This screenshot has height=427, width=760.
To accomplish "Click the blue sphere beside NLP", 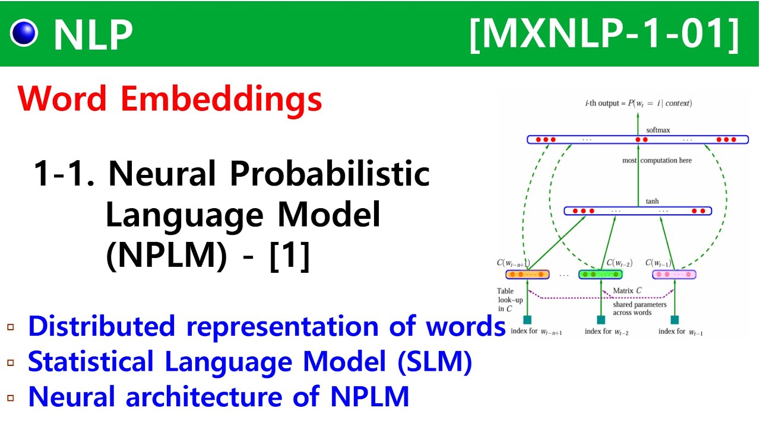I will (x=24, y=33).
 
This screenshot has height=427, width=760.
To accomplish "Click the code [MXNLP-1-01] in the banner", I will (x=604, y=34).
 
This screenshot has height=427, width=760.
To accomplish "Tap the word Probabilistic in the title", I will (x=330, y=174).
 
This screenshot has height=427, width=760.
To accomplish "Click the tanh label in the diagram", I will (x=653, y=202).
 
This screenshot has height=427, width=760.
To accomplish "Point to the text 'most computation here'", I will (x=657, y=161).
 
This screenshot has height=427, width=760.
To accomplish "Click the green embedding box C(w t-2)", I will (x=601, y=275).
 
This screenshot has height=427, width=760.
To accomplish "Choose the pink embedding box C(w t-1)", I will (x=674, y=275).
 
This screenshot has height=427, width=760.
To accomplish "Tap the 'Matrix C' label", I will (x=627, y=291).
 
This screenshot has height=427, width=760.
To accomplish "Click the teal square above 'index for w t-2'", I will (x=601, y=320).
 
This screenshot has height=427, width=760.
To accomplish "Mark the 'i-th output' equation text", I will (x=638, y=103).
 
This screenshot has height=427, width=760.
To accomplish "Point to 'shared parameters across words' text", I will (x=639, y=308).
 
